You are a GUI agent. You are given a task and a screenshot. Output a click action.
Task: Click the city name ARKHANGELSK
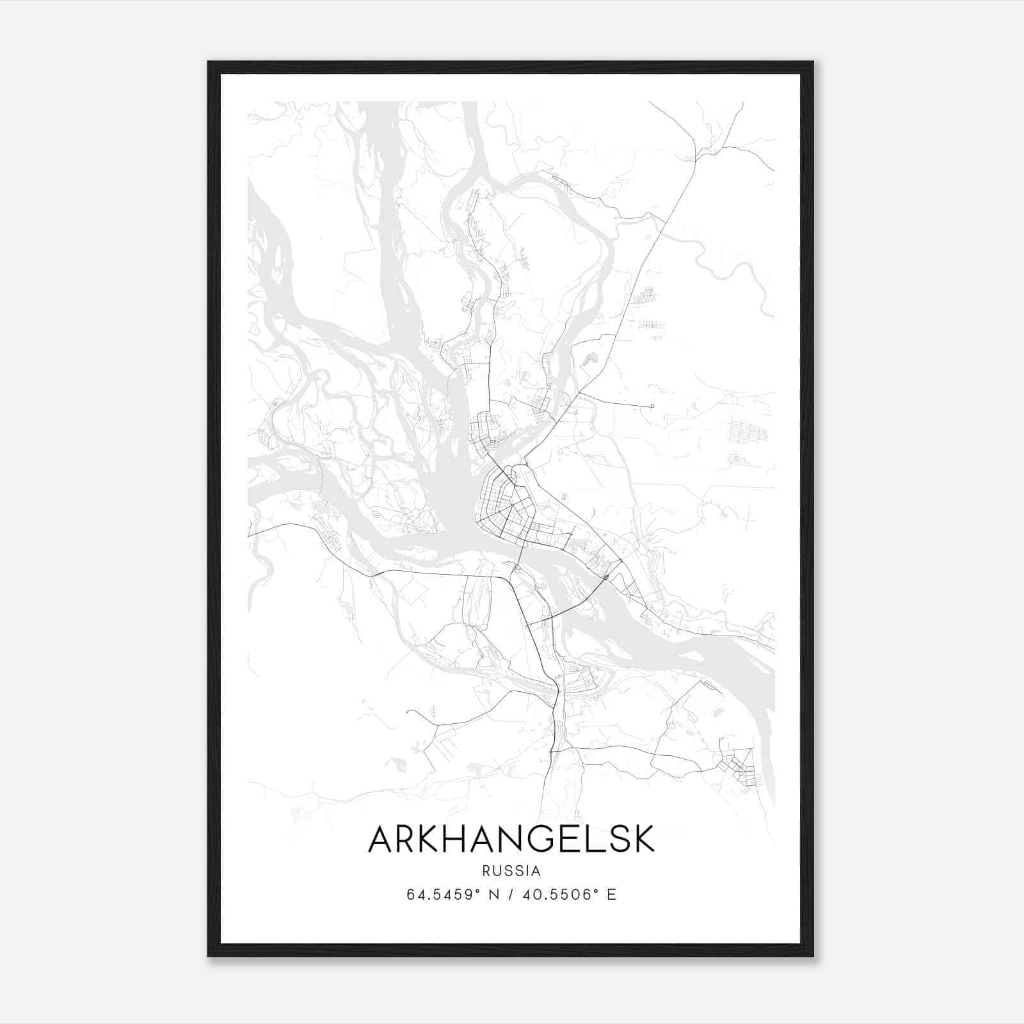(x=511, y=839)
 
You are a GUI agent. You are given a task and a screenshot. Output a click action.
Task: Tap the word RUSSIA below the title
(x=511, y=871)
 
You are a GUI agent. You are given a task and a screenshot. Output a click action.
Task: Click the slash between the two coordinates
(x=511, y=895)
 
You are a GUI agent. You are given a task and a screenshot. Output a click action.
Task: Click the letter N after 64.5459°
(x=493, y=895)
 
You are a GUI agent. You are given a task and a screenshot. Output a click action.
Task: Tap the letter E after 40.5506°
(x=612, y=895)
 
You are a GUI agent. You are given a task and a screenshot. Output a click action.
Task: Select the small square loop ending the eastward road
(x=652, y=406)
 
